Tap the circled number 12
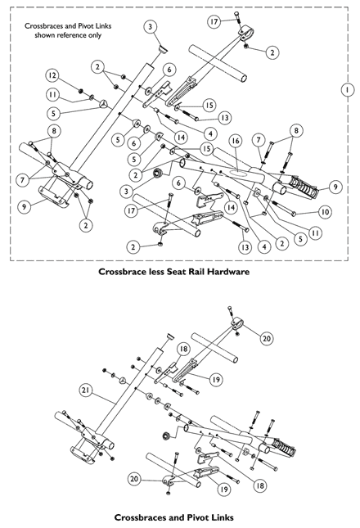[x=52, y=74]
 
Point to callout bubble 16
[x=234, y=142]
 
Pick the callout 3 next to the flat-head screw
[x=151, y=27]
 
